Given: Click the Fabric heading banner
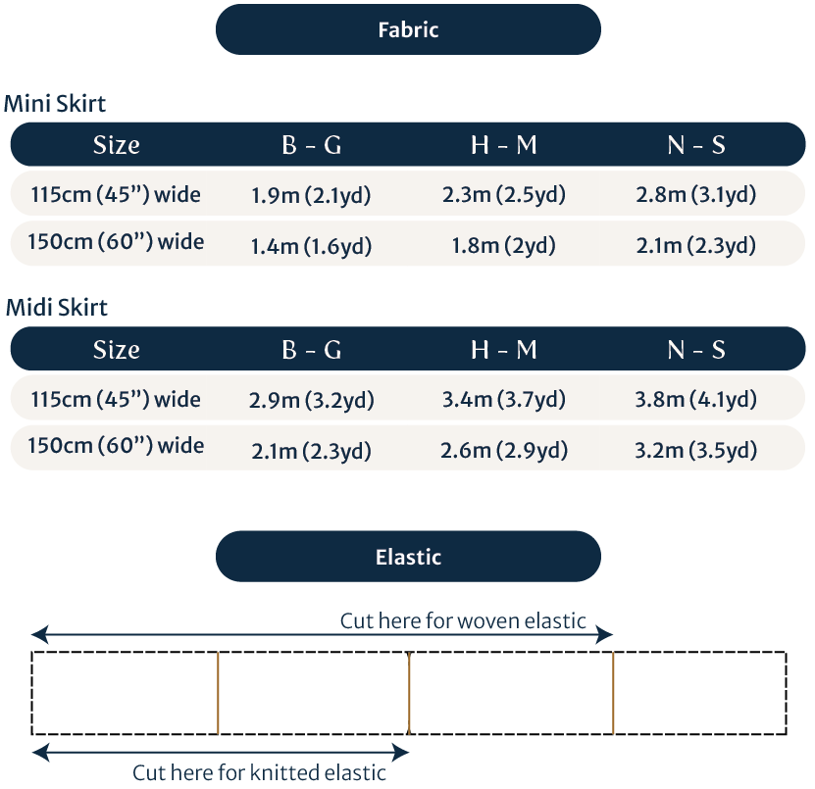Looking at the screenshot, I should point(408,29).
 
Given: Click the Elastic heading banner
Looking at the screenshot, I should point(408,557).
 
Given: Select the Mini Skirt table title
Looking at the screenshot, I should point(56,103).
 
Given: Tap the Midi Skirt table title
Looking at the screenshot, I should point(57,307).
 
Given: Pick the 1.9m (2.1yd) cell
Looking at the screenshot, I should point(311,195).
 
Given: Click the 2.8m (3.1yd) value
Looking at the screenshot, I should point(696,194).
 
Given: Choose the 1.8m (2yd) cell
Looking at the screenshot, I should point(504,245).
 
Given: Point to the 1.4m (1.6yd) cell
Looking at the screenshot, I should point(311,246).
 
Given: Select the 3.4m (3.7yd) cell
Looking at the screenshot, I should point(504,399).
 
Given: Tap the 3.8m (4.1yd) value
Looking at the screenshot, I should point(696,399).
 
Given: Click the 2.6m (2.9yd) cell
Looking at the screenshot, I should point(504,450).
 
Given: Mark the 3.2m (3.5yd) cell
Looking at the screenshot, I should point(696,450).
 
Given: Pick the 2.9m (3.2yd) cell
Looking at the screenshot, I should point(311,400).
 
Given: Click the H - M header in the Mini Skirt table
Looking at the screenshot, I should point(504,145).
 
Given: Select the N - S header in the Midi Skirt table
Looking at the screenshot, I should point(696,350).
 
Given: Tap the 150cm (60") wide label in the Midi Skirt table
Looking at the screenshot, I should point(116,446).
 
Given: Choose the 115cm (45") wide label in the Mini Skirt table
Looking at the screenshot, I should point(116,194).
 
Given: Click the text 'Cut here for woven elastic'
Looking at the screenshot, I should point(463,620).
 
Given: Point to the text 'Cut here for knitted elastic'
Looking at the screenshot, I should point(260,772).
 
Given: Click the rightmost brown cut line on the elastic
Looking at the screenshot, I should point(613,693).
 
